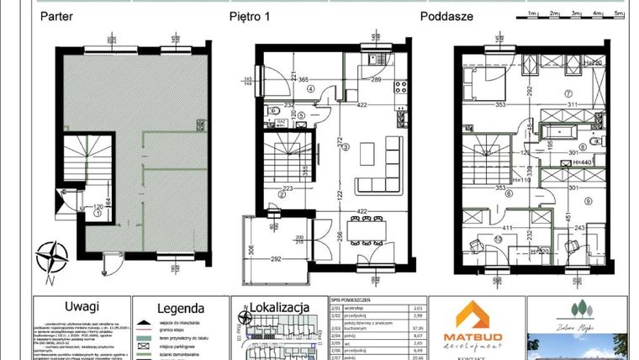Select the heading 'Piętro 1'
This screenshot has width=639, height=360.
tap(251, 15)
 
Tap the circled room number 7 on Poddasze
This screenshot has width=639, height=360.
tap(568, 93)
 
